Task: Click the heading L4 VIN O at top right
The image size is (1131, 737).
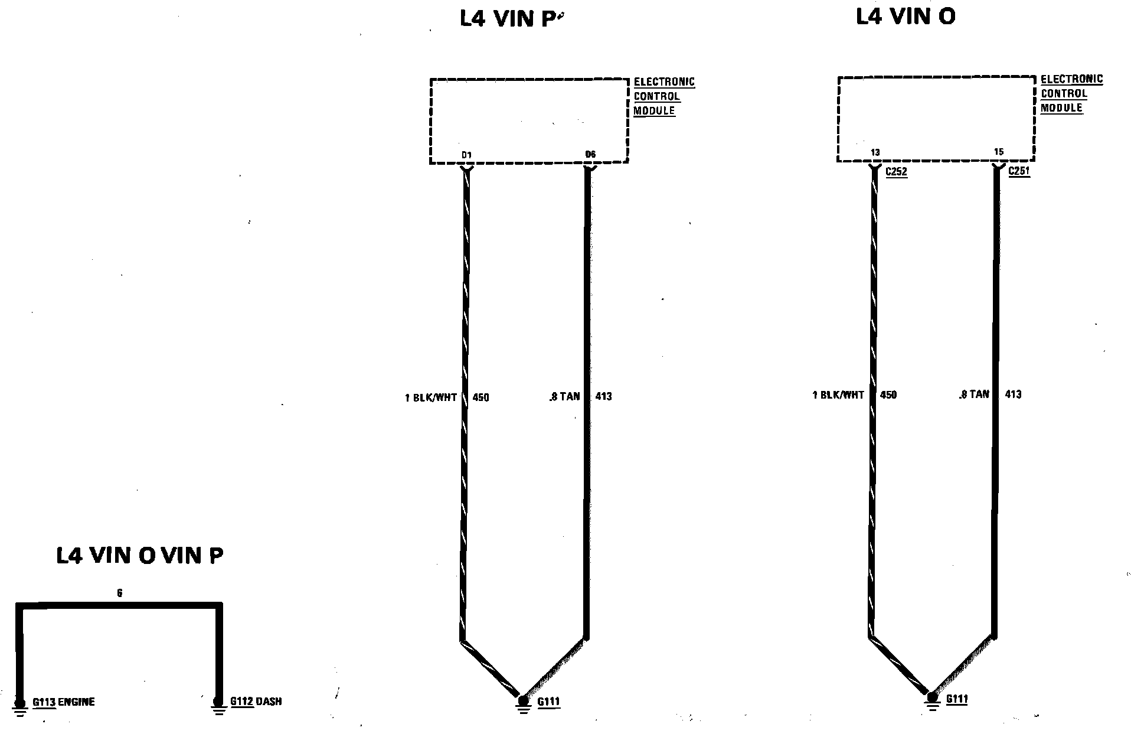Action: (906, 17)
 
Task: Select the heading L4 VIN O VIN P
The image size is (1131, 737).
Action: (140, 556)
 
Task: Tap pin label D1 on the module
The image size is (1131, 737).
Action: (466, 155)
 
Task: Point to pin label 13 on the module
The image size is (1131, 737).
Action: (875, 152)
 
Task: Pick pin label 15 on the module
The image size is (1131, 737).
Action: (998, 152)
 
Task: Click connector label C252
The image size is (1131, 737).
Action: (896, 172)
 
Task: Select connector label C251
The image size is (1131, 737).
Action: (1019, 171)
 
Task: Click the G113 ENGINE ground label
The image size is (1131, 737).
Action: (63, 702)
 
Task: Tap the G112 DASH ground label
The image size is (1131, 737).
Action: (256, 702)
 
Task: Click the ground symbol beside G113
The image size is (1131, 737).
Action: (20, 707)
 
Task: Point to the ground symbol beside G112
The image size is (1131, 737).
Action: (219, 706)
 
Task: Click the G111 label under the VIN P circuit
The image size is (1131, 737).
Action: (548, 702)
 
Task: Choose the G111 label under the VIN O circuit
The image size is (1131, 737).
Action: (956, 699)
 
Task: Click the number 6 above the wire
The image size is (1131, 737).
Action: (120, 593)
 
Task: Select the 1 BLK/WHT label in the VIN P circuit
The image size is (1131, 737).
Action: (430, 397)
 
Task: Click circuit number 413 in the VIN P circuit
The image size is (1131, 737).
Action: (603, 396)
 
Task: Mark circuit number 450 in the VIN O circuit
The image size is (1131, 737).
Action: (888, 394)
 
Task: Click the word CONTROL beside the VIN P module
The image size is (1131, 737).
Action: (656, 96)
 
